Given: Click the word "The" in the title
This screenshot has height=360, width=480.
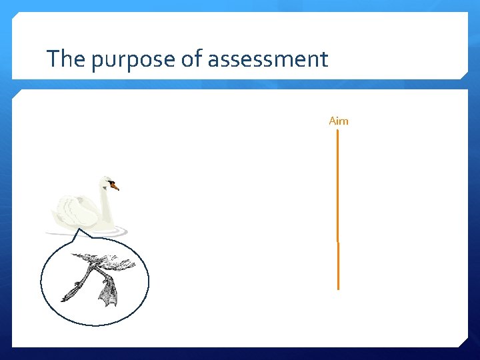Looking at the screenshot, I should click(x=66, y=59).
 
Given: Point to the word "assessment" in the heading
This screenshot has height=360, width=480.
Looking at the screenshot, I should click(x=268, y=60).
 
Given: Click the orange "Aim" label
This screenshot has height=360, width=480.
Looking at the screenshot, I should click(x=339, y=121).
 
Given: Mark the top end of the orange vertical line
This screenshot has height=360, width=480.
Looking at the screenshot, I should click(x=338, y=131).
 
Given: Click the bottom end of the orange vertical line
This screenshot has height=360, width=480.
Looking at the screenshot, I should click(x=338, y=289).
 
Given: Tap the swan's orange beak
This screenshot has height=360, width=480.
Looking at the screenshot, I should click(x=115, y=187).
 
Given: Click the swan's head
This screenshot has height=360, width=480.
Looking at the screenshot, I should click(x=107, y=182).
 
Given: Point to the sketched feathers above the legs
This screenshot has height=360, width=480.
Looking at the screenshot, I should click(x=110, y=263).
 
